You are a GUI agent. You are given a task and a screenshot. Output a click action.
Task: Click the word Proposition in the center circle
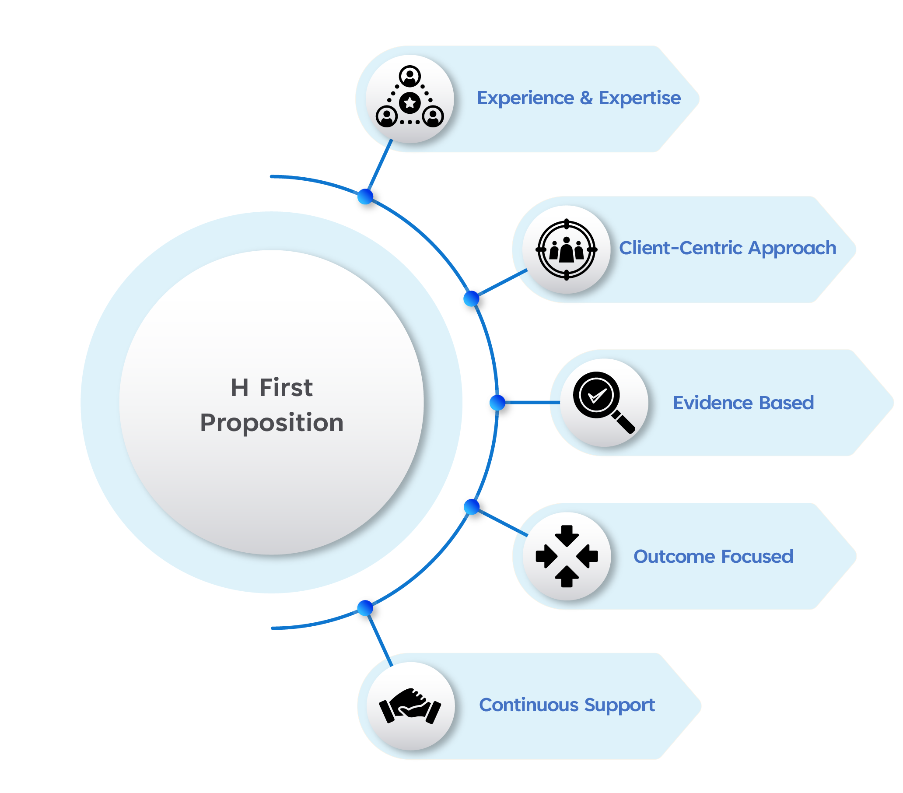click(x=272, y=423)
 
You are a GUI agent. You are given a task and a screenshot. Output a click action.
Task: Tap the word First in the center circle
click(x=286, y=388)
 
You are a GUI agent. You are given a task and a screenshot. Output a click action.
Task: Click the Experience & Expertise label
click(x=579, y=98)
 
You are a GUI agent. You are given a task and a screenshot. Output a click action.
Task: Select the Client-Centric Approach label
click(x=728, y=248)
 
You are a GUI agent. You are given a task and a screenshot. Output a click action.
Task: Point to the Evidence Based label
click(x=743, y=403)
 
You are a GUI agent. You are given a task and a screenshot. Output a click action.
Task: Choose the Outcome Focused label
click(x=714, y=556)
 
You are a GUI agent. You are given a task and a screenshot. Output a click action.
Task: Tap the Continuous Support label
click(x=567, y=705)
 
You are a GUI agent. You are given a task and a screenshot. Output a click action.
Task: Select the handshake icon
click(x=410, y=705)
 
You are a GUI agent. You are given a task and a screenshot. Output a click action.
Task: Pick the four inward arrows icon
click(x=567, y=556)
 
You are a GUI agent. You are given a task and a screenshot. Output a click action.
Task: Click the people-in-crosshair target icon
click(x=567, y=249)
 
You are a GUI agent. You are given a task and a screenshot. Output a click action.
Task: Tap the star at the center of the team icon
click(x=410, y=103)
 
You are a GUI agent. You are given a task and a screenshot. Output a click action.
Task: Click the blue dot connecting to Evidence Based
click(x=498, y=402)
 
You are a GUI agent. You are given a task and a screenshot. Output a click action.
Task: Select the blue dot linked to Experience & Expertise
click(x=366, y=196)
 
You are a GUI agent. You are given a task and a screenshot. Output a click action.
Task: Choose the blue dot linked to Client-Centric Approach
click(x=472, y=299)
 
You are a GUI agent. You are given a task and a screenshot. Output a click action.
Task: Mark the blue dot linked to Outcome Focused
click(x=472, y=506)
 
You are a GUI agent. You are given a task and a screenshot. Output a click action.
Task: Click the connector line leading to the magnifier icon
click(x=532, y=402)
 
